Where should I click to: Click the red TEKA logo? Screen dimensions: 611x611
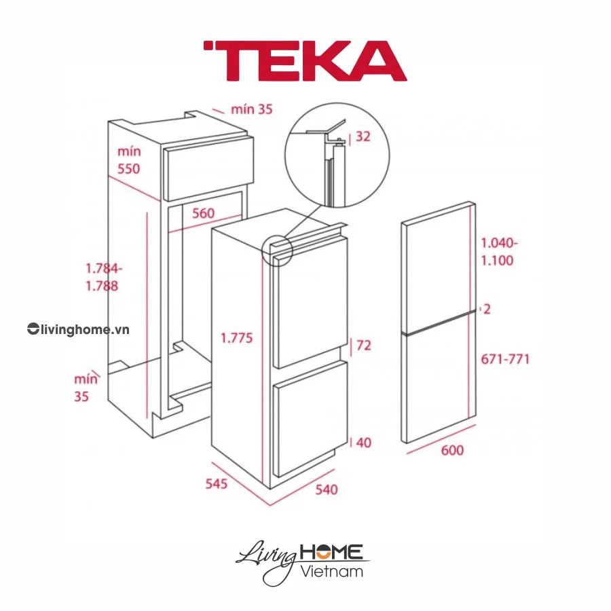305,61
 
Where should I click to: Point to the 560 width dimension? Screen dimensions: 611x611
202,213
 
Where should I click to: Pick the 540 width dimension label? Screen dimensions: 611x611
325,489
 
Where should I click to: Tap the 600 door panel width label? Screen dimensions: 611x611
452,450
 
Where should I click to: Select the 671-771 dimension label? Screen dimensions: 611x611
505,359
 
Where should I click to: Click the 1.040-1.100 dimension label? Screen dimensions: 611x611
499,251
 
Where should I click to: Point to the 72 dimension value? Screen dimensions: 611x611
364,346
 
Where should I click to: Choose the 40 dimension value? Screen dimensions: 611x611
364,443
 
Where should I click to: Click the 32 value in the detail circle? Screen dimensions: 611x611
363,136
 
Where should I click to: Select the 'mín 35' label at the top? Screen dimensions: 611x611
251,109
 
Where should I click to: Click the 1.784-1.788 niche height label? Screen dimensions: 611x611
102,276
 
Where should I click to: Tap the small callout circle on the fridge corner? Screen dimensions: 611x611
276,249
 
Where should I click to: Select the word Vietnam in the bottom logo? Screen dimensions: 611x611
331,570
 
